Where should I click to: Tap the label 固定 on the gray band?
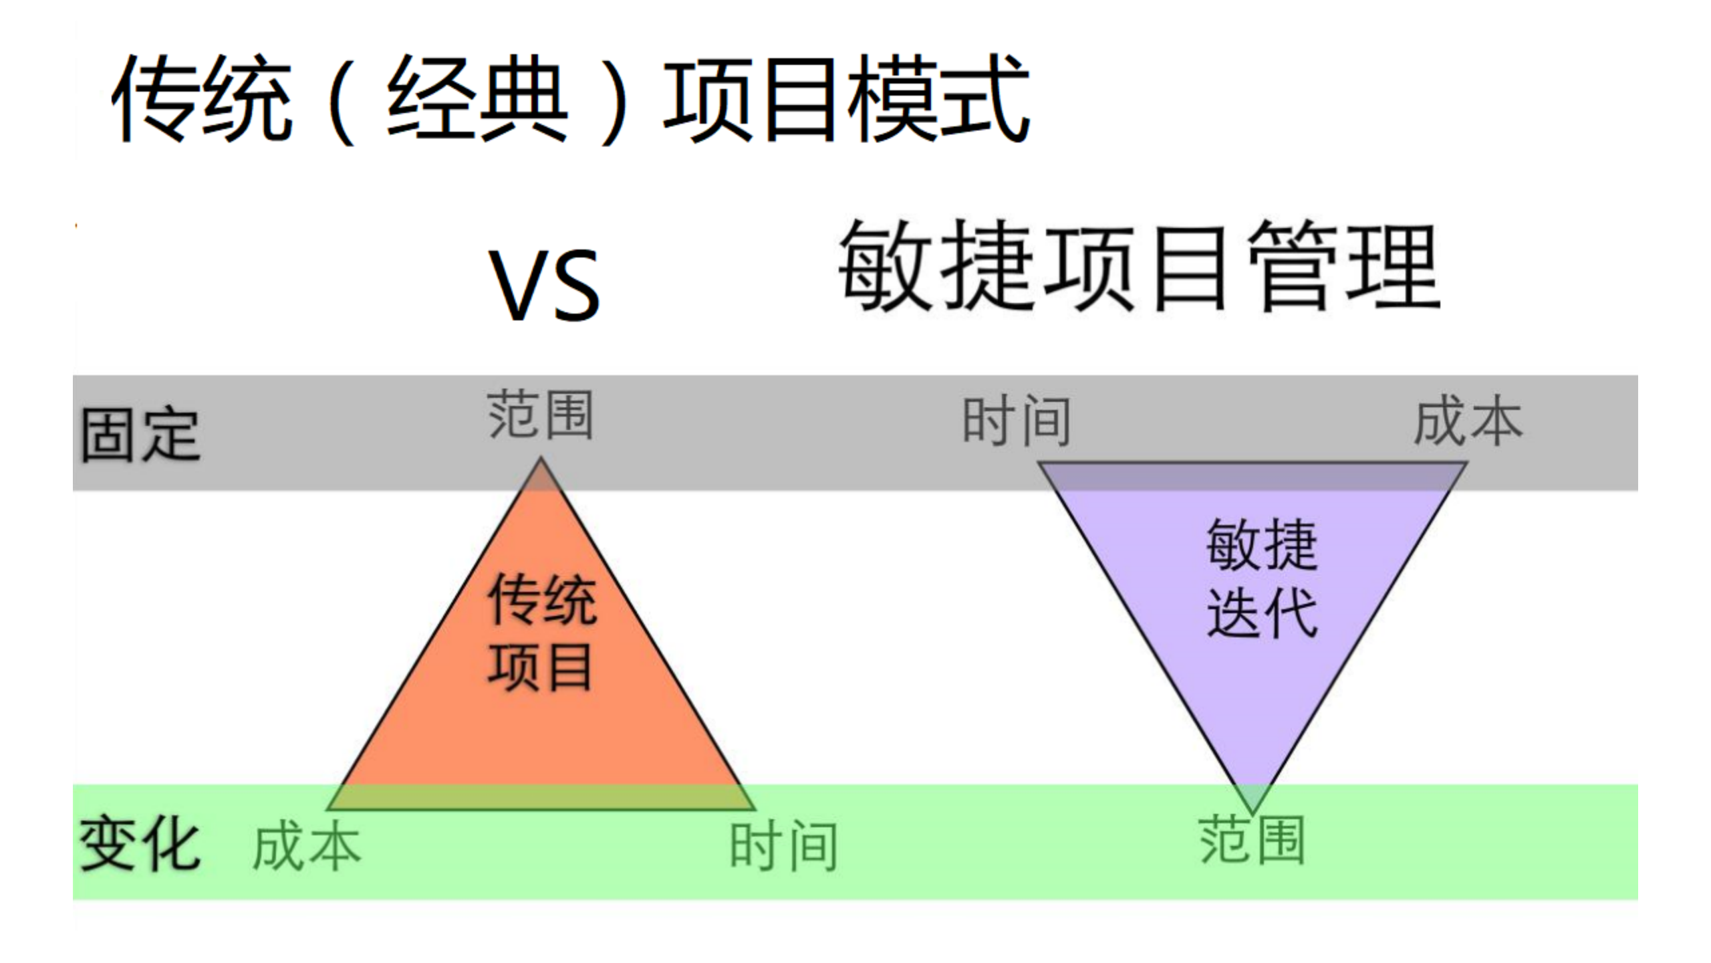(x=140, y=435)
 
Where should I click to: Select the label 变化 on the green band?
(x=140, y=844)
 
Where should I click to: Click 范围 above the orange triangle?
(x=540, y=415)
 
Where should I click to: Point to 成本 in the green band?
(x=307, y=847)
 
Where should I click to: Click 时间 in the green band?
(x=783, y=847)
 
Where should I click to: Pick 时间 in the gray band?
(x=1016, y=421)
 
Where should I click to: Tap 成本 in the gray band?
(x=1468, y=421)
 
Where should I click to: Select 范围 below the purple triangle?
(x=1251, y=840)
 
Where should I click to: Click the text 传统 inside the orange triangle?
(x=542, y=600)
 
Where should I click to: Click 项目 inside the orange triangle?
(x=540, y=667)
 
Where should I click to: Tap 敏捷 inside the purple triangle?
(x=1262, y=545)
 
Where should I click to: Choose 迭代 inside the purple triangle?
(x=1262, y=613)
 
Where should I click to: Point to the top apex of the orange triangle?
(x=541, y=460)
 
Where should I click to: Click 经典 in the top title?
(x=477, y=99)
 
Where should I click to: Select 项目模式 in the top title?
(x=845, y=99)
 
